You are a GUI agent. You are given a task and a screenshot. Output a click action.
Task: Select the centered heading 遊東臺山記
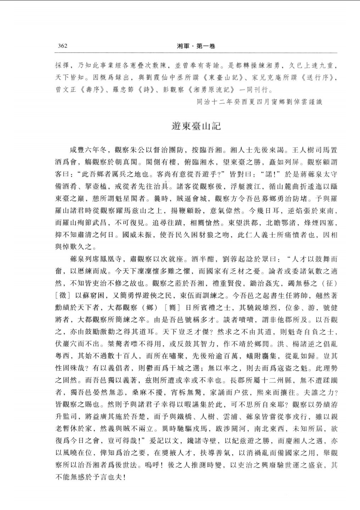point(196,126)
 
